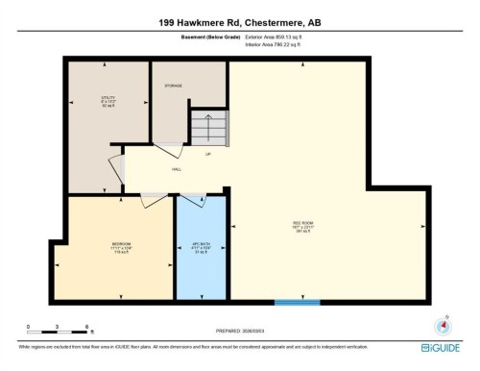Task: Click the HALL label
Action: point(177,168)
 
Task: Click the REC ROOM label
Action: point(303,228)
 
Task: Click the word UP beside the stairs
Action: point(206,154)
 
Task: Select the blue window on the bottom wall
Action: point(298,303)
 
